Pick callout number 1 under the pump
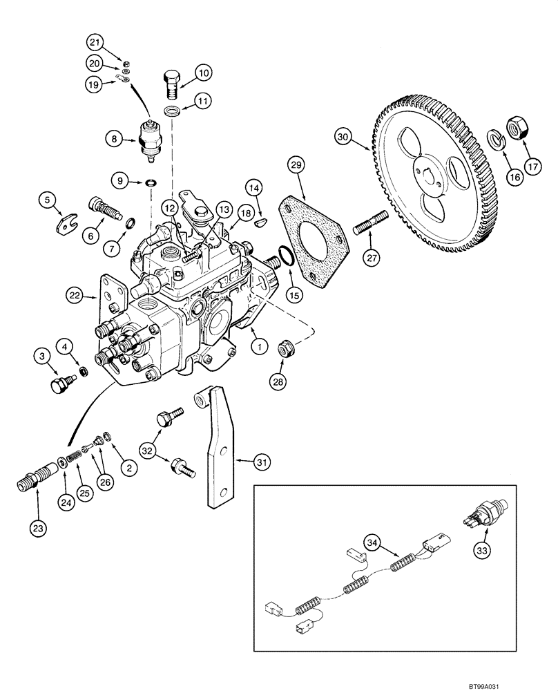click(x=256, y=345)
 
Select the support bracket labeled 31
click(x=218, y=449)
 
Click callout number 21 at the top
click(x=94, y=44)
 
